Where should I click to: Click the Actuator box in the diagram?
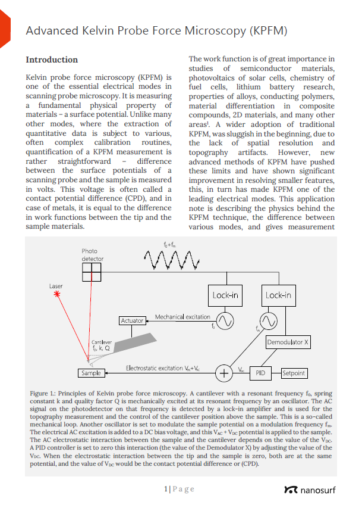click(132, 320)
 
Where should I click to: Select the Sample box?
click(91, 373)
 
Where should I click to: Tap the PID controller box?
click(260, 373)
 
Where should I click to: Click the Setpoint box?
click(294, 373)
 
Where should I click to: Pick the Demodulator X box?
click(288, 343)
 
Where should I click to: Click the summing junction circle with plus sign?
click(224, 373)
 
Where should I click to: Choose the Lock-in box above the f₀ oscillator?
click(225, 295)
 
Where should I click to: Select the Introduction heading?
click(52, 60)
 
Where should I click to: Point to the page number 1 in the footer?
click(166, 489)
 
